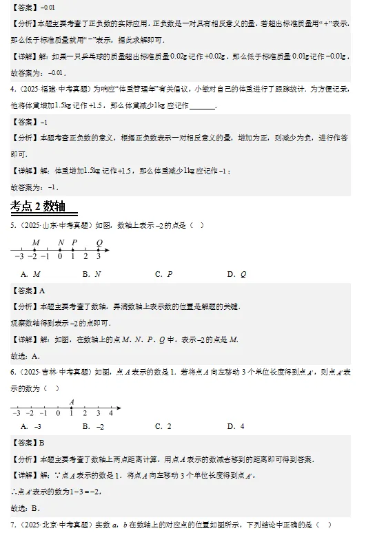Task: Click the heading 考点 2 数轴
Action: click(x=43, y=207)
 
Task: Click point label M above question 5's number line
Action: click(x=35, y=242)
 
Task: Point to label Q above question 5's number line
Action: click(x=99, y=242)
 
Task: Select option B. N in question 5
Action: click(x=92, y=274)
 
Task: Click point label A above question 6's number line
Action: click(x=71, y=402)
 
